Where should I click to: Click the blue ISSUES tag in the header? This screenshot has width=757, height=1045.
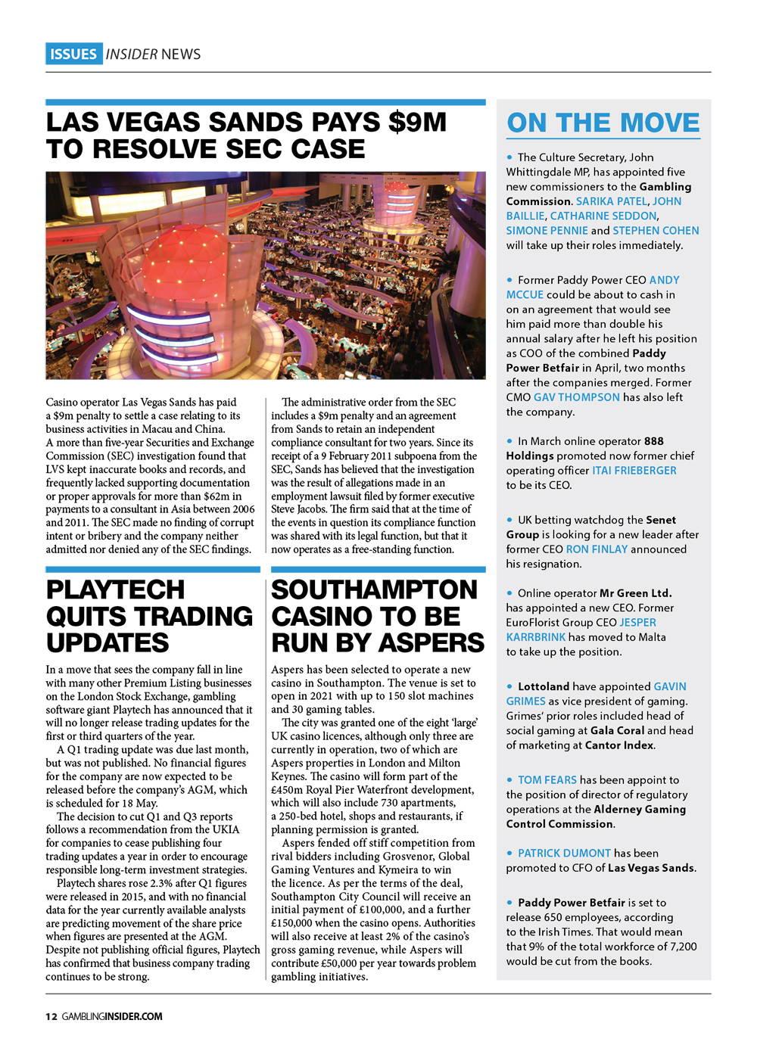[x=73, y=54]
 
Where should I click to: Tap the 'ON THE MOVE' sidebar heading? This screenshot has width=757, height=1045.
[x=603, y=123]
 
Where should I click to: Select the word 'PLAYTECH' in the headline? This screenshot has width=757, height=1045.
[x=115, y=589]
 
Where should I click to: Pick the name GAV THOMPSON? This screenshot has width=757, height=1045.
[x=576, y=397]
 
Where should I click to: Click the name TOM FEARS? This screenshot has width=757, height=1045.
[x=547, y=780]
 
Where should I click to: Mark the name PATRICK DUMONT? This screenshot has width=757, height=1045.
[x=564, y=854]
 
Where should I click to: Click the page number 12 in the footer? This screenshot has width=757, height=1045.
[x=51, y=1016]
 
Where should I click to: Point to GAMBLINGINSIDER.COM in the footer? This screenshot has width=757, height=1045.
[x=112, y=1016]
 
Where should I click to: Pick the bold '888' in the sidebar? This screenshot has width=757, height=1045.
[x=653, y=441]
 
